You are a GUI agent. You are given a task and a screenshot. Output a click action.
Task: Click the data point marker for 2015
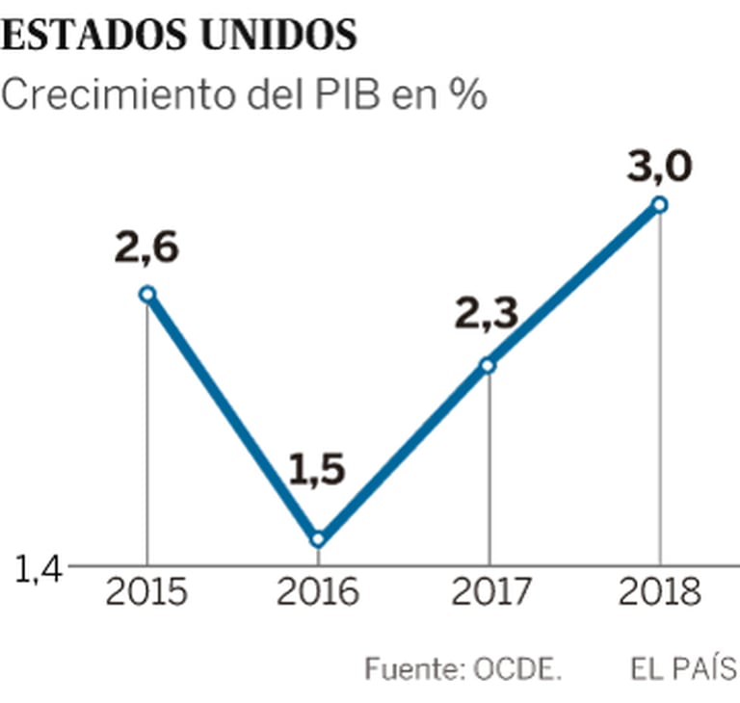click(146, 294)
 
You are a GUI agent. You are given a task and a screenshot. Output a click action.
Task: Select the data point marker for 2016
click(318, 539)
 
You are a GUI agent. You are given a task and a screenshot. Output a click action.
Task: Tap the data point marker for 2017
click(489, 365)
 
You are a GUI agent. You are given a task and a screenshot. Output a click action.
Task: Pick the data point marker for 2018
click(660, 203)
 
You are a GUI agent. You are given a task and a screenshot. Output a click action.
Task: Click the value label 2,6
click(146, 248)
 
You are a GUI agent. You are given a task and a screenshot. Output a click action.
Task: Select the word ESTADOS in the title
click(94, 36)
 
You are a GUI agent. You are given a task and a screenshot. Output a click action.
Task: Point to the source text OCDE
click(518, 668)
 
